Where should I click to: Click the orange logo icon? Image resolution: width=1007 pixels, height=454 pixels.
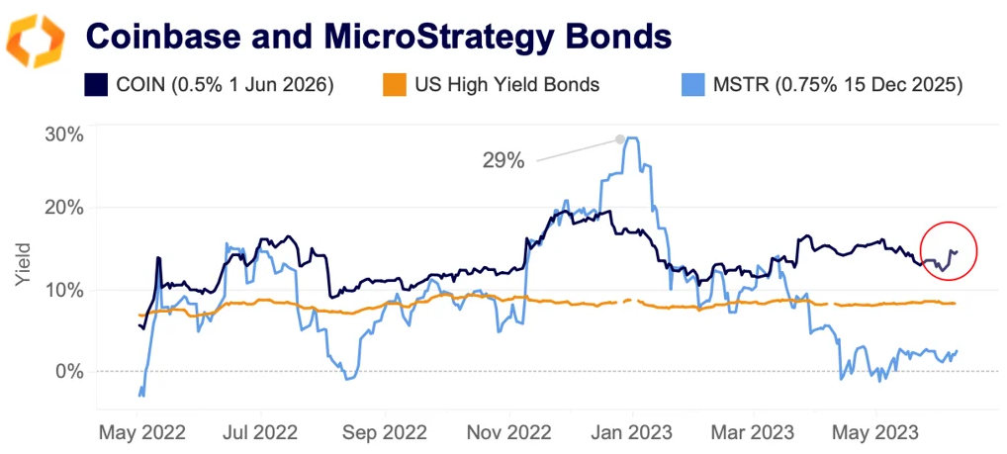coord(36,42)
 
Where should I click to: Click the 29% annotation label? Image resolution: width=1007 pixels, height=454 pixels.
coord(503,160)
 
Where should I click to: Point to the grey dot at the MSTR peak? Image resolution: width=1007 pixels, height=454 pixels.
coord(620,138)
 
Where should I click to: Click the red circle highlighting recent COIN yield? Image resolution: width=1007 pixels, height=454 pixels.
coord(948,250)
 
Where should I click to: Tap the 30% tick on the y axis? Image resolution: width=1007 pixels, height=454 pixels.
coord(64,135)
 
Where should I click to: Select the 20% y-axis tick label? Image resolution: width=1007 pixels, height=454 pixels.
coord(64,208)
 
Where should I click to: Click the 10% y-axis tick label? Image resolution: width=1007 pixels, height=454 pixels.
coord(64,290)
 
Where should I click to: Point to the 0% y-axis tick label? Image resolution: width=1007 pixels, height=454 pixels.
coord(69,371)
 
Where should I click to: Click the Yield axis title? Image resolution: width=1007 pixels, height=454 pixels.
coord(24,265)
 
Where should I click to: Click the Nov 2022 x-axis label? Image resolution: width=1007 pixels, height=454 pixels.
coord(509,432)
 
